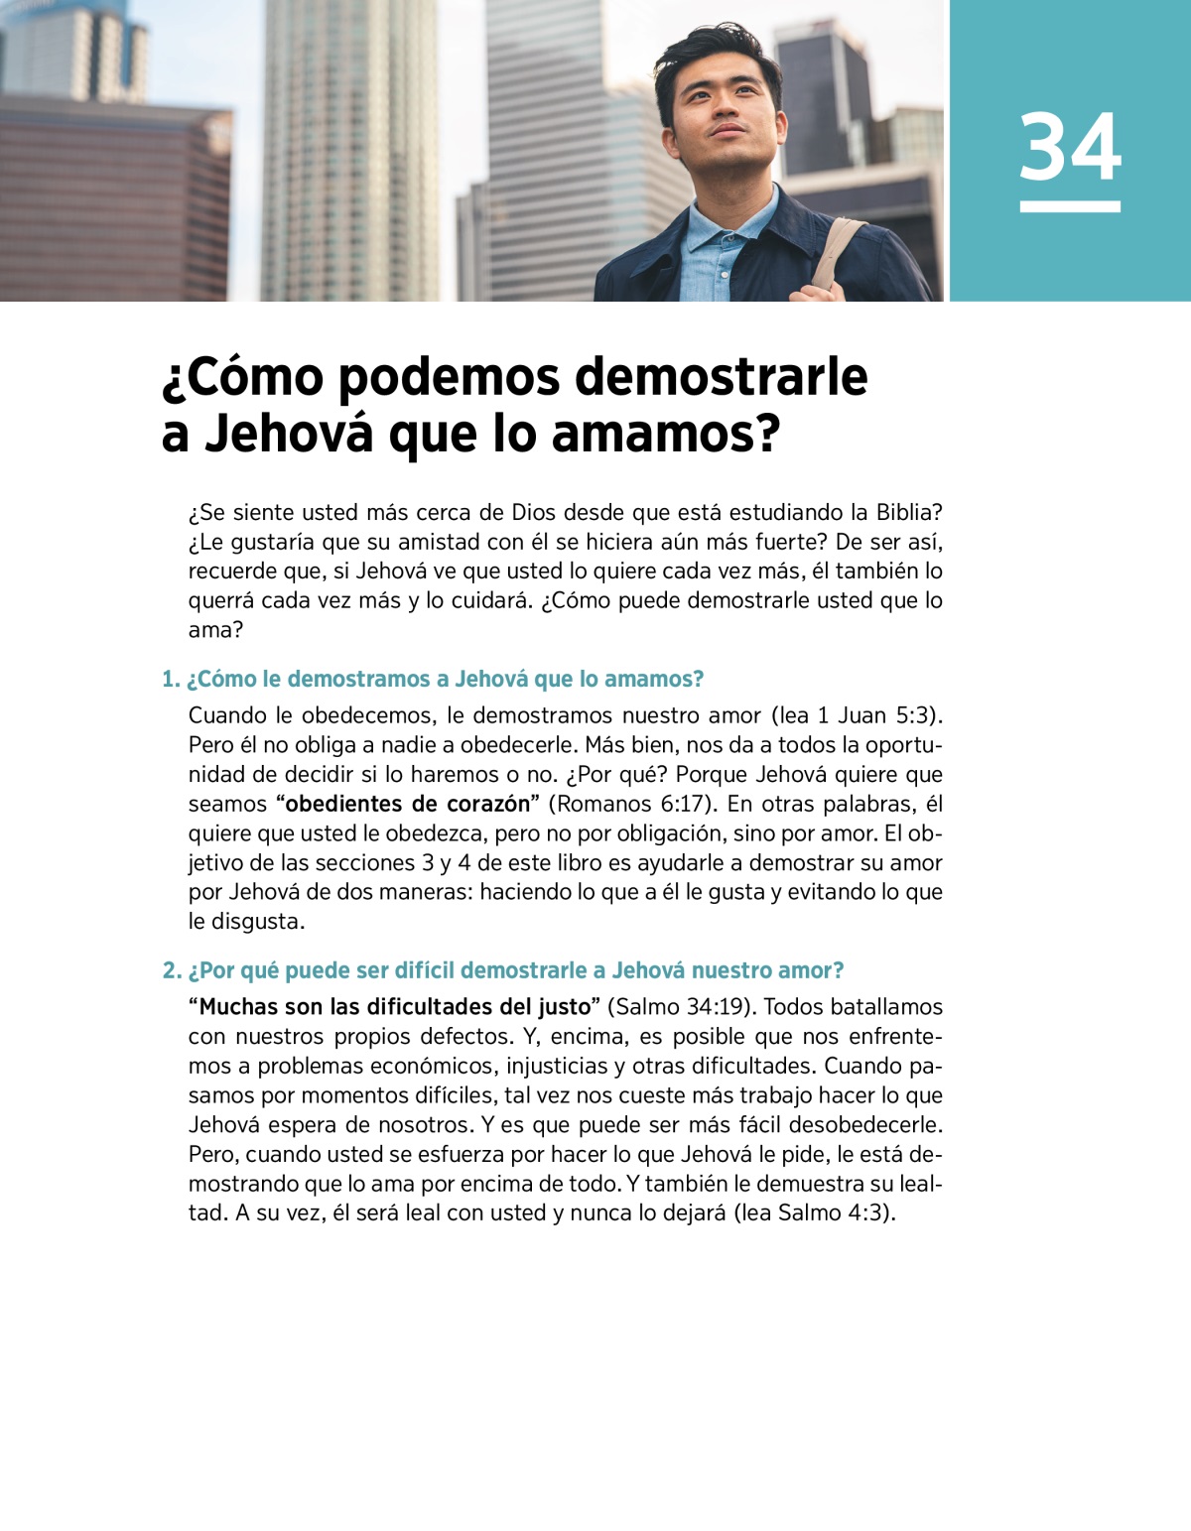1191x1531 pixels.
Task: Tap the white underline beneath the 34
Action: [x=1070, y=206]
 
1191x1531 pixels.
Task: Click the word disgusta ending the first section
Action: [x=258, y=921]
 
